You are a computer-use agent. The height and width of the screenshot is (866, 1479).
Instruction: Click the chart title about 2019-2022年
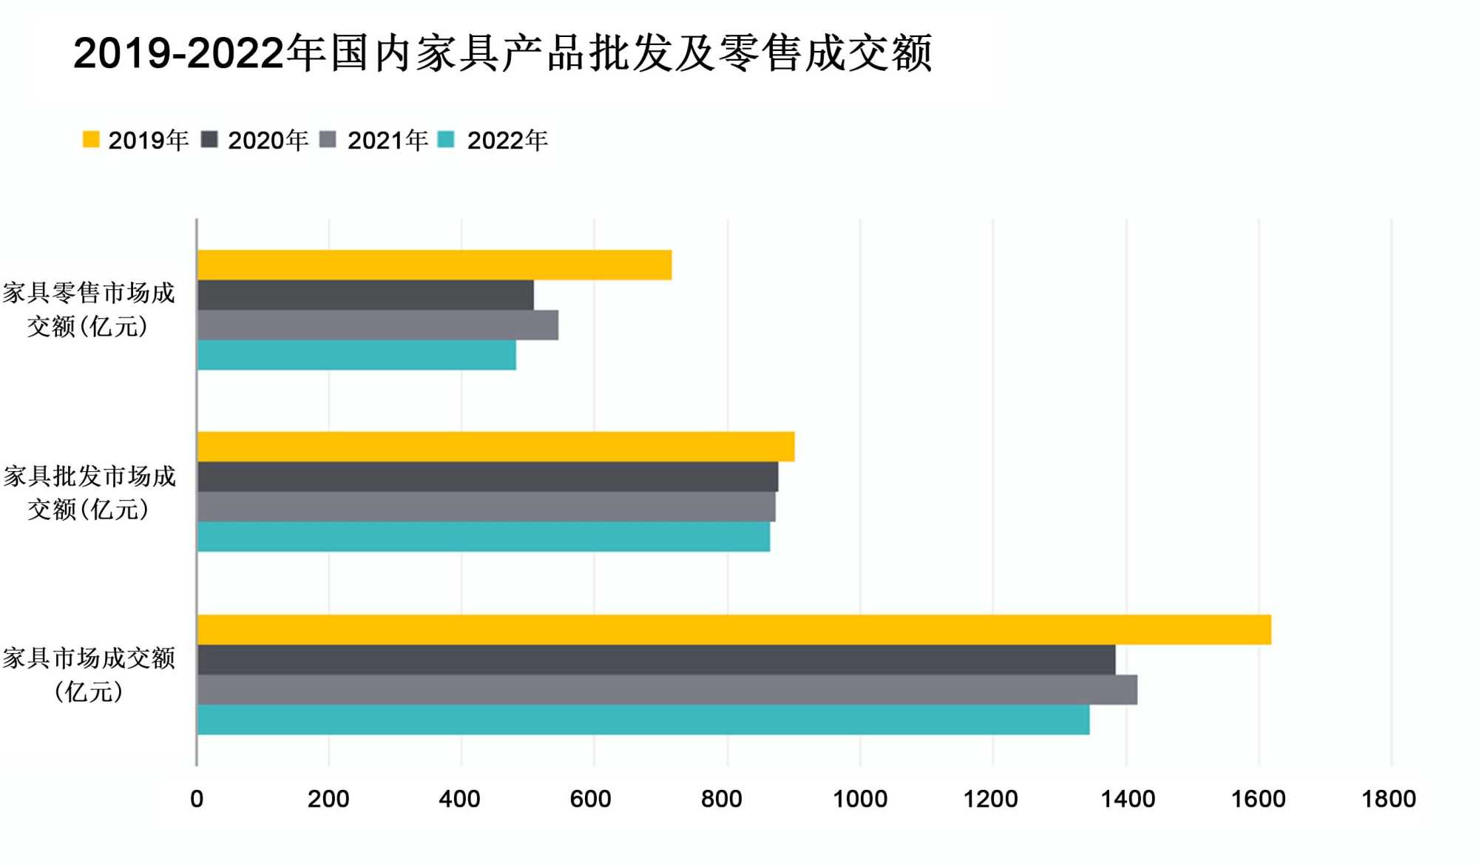pos(503,53)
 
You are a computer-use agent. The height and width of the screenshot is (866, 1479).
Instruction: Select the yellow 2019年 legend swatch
pos(91,140)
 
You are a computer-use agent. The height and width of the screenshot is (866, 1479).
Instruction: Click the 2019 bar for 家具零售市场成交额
pos(434,265)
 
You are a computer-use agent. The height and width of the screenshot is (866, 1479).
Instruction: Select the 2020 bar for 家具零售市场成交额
pos(365,295)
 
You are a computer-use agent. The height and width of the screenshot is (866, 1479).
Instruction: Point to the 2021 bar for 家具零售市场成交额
pos(378,325)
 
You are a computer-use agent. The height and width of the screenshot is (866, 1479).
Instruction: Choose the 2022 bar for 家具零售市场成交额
pos(356,355)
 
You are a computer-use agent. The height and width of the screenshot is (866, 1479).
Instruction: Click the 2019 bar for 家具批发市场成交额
pos(495,447)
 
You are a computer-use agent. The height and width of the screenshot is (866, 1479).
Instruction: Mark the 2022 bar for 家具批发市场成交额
pos(484,537)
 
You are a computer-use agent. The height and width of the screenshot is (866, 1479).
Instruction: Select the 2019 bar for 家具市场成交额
pos(734,629)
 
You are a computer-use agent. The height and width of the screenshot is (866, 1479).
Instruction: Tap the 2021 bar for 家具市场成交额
pos(667,689)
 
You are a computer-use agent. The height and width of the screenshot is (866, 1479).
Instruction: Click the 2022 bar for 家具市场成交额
pos(643,720)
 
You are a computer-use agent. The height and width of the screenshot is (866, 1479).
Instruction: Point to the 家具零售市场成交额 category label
pos(89,309)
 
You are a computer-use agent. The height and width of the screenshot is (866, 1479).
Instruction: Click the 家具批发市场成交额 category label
pos(89,492)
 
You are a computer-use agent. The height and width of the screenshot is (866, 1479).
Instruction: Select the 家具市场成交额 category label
pos(89,674)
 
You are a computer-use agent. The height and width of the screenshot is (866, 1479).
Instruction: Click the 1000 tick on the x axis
pos(860,799)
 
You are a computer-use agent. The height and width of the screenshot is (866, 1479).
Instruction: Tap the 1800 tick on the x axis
pos(1389,799)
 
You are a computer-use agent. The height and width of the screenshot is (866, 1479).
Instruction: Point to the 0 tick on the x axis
pos(197,799)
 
